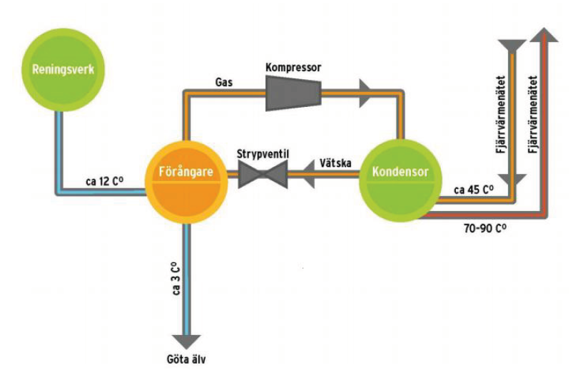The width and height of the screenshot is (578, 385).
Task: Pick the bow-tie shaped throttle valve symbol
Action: (262, 175)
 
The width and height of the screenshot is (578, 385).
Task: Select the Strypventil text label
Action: (262, 153)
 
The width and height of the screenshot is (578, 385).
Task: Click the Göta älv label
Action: (186, 359)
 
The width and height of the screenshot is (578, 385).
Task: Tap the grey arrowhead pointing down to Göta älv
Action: (187, 341)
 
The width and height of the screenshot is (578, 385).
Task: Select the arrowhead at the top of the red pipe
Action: (544, 34)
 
